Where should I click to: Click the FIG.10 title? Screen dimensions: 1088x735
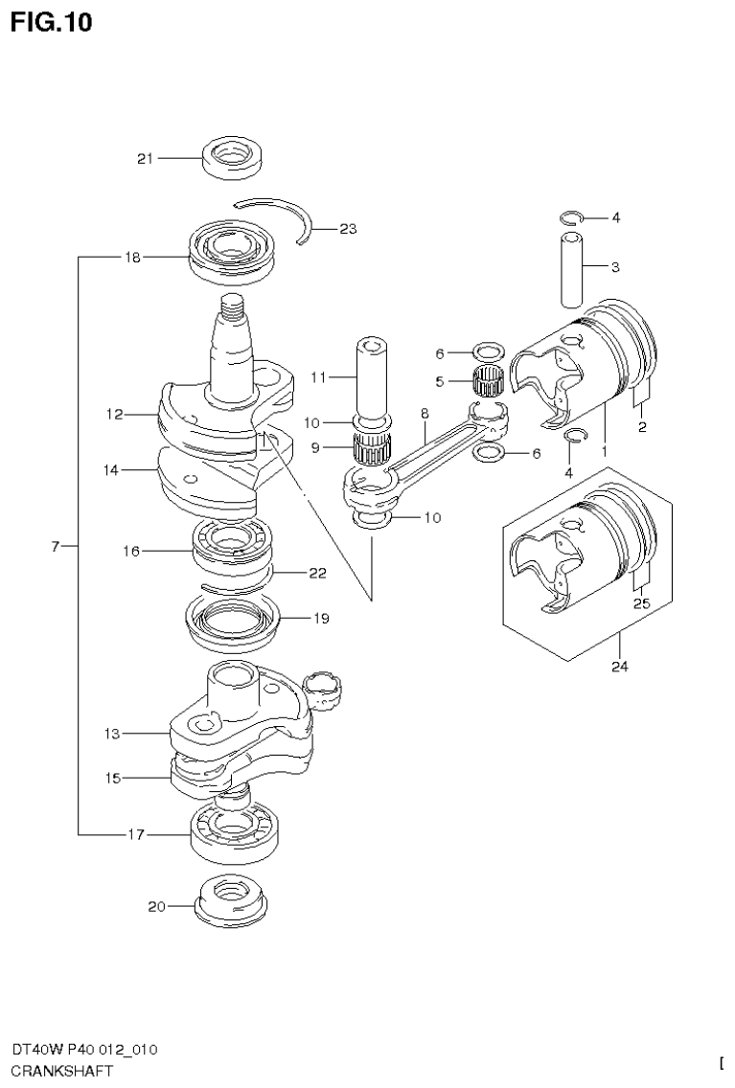pos(53,22)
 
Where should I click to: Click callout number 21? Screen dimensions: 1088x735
pos(145,159)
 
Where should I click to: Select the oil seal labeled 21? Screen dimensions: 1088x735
pos(234,156)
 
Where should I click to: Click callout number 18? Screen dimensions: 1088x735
pos(132,258)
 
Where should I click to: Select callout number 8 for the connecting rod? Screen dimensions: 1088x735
pos(423,413)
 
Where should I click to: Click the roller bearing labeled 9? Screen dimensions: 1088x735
pos(372,445)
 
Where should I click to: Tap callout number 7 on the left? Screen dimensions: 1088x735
pos(56,546)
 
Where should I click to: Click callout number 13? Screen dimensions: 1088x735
pos(112,734)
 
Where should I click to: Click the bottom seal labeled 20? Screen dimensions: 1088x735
pos(233,903)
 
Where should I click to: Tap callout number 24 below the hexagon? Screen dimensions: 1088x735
pos(619,668)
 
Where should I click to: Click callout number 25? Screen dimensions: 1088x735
pos(642,603)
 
